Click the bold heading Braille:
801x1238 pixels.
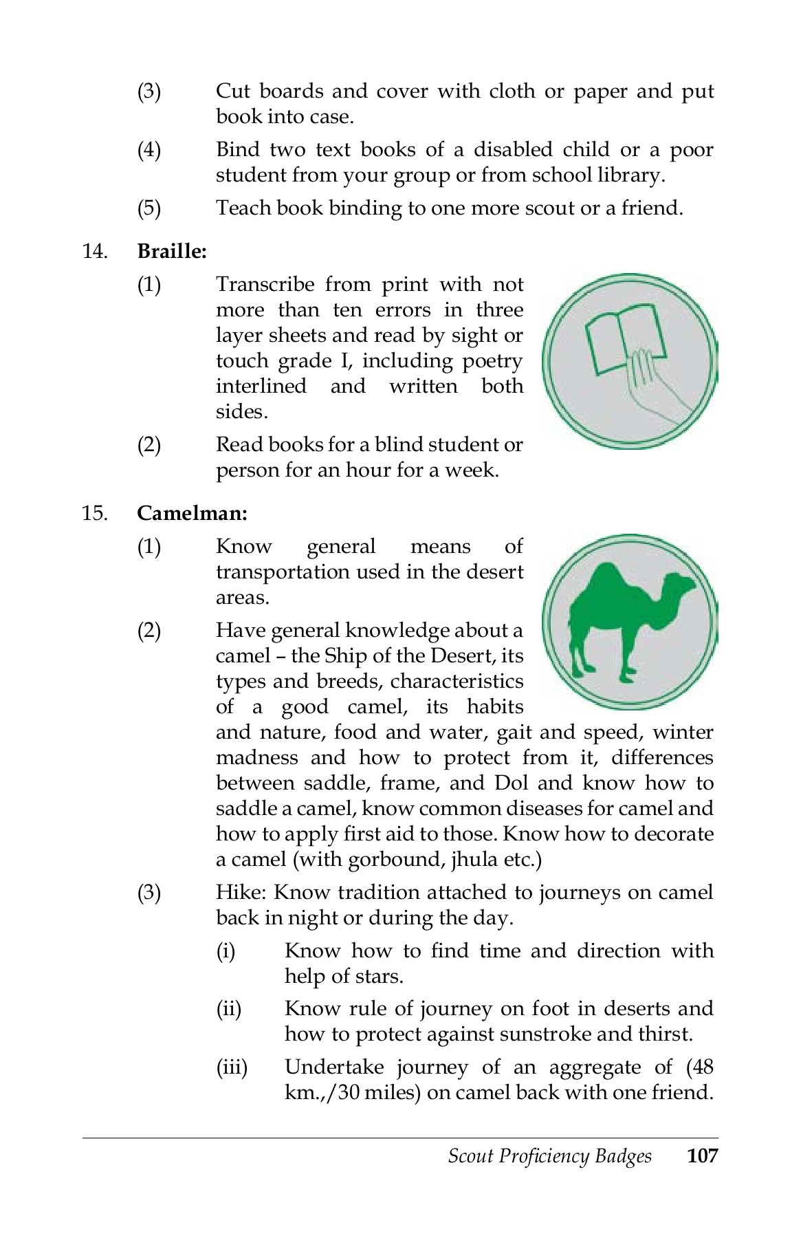click(x=172, y=252)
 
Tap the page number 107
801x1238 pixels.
click(x=702, y=1155)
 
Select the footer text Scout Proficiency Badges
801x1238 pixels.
click(x=549, y=1156)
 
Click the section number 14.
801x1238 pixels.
click(x=95, y=252)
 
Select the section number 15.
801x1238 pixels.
click(x=95, y=514)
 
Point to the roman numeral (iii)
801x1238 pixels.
click(x=232, y=1067)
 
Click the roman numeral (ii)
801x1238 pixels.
click(x=229, y=1009)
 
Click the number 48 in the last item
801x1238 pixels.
click(x=703, y=1067)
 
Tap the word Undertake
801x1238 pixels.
click(x=335, y=1067)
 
